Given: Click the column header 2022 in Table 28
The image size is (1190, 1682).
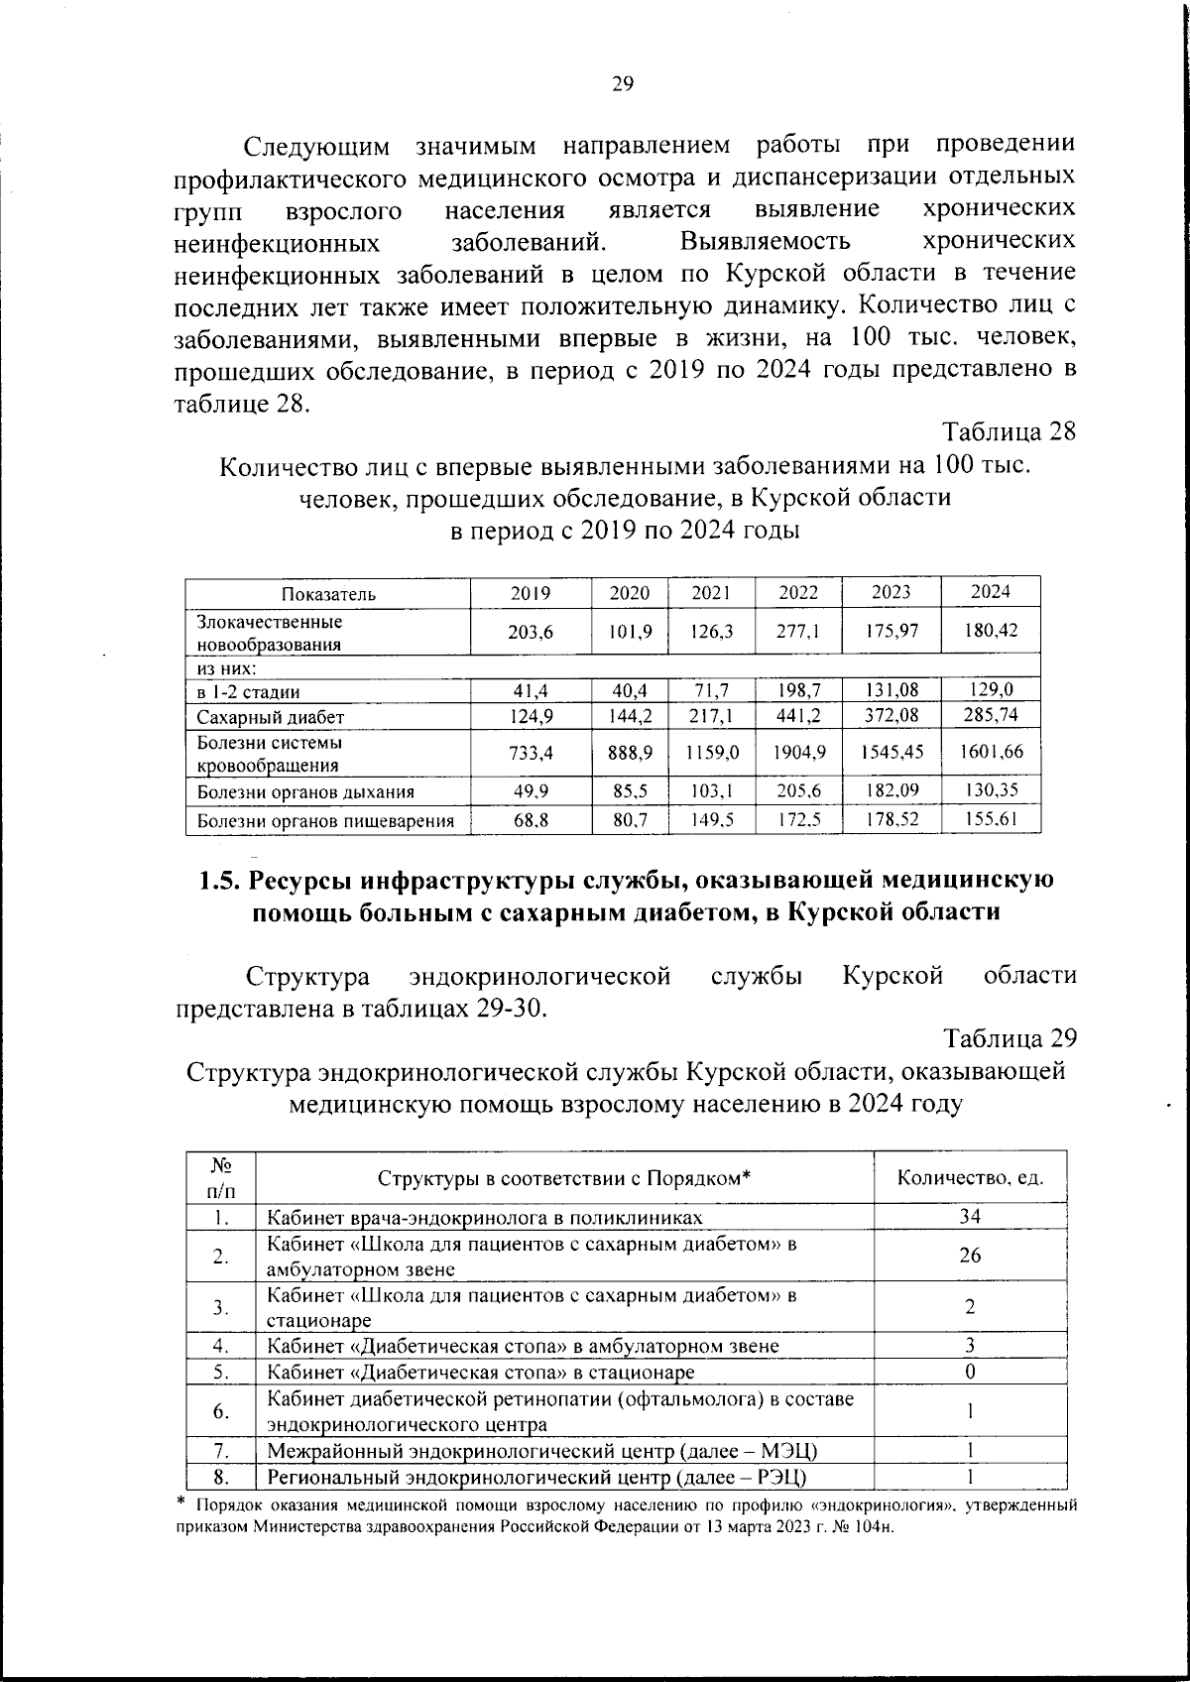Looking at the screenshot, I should [798, 593].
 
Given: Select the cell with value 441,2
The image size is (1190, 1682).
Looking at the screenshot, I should [798, 716].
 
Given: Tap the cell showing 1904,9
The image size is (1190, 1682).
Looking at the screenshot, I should [798, 753].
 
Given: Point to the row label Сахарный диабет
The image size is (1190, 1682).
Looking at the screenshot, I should [270, 717].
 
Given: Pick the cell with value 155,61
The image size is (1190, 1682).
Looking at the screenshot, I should [991, 819].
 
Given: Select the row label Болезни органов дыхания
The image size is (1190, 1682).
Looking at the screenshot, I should [305, 792].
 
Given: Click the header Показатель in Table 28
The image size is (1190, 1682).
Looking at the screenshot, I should [328, 594].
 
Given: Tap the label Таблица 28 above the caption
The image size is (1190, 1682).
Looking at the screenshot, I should [1009, 432].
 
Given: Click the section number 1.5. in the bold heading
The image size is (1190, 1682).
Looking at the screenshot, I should [219, 881].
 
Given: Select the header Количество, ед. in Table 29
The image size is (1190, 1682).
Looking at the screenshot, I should [970, 1178].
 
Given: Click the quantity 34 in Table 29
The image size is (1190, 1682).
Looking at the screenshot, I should [970, 1218].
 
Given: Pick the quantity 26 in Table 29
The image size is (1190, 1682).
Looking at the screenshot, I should [970, 1256].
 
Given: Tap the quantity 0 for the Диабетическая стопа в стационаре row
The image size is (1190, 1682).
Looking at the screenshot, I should [970, 1372].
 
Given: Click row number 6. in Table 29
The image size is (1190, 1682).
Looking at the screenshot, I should [221, 1410].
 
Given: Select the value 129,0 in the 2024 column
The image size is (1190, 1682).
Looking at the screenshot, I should [991, 691].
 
